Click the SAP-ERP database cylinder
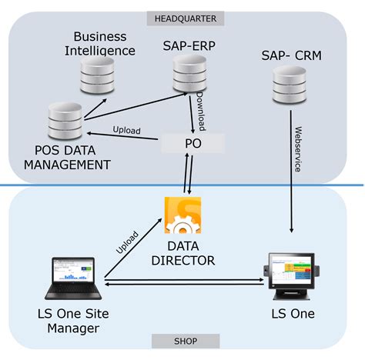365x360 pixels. click(189, 73)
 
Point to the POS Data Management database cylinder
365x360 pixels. click(65, 120)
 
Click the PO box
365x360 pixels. click(193, 142)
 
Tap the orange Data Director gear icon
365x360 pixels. click(182, 216)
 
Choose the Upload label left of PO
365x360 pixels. click(126, 131)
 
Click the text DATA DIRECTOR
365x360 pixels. click(182, 253)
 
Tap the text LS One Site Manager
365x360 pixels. click(69, 321)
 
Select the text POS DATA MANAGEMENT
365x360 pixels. click(67, 157)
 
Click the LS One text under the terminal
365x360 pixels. click(293, 314)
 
